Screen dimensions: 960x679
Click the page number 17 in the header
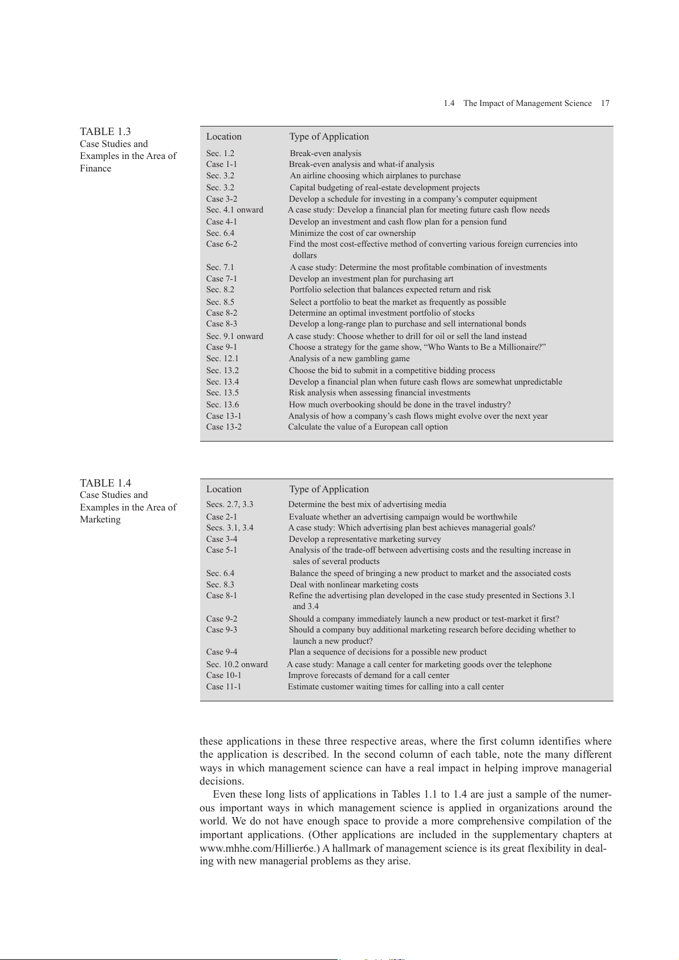[605, 103]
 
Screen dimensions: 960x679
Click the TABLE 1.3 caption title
[105, 132]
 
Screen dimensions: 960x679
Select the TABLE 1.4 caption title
[105, 483]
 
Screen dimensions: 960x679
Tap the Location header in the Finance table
[224, 137]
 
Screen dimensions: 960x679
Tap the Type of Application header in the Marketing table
[329, 489]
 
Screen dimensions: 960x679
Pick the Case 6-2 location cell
[222, 244]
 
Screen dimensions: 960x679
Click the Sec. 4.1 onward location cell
[235, 210]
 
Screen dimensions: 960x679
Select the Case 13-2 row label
[224, 427]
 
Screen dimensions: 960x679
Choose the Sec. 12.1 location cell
[222, 358]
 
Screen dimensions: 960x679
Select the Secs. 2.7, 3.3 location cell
[230, 505]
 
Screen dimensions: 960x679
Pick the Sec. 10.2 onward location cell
[237, 664]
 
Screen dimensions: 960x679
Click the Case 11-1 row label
[223, 687]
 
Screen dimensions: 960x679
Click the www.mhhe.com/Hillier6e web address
[259, 848]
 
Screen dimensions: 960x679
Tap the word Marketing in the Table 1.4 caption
[100, 520]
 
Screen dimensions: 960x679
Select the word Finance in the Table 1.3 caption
[96, 169]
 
